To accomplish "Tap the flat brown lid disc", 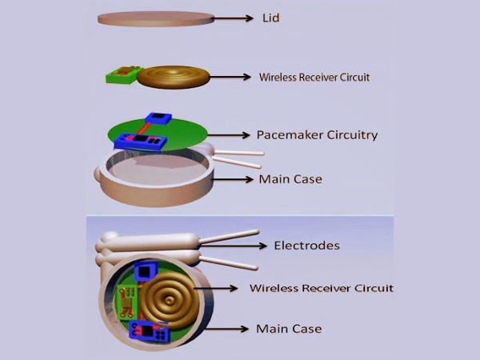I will point(152,18).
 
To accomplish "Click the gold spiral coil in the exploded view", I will point(173,77).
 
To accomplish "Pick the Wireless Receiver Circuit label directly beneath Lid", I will point(314,78).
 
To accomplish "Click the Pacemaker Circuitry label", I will point(317,134).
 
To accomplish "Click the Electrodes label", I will point(306,246).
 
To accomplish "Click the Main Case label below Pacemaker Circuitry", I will point(290,179).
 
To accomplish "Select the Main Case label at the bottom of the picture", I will point(289,329).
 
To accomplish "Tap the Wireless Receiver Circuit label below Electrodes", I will point(321,288).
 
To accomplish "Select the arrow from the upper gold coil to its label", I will point(231,77).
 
